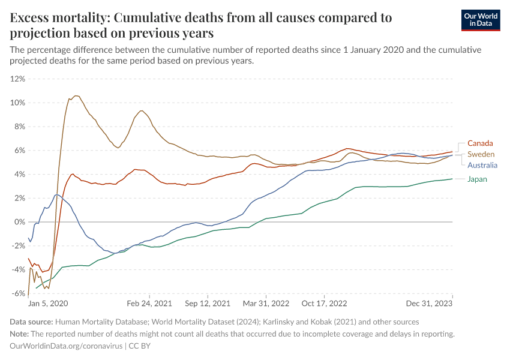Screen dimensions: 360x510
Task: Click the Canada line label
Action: tap(480, 143)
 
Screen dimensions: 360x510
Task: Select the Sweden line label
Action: tap(481, 154)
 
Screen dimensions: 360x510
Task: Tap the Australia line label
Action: tap(483, 165)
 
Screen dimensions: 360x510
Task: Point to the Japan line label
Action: tap(477, 179)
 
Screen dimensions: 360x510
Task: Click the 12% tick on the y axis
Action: tap(18, 79)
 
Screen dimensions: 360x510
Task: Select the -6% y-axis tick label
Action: tap(18, 293)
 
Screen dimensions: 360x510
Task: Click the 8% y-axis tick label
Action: tap(19, 127)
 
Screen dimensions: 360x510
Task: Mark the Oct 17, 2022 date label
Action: tap(325, 304)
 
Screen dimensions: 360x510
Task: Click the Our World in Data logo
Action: tap(480, 19)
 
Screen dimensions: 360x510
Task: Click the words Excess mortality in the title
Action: tap(55, 17)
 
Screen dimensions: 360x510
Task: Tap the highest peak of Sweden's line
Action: tap(76, 95)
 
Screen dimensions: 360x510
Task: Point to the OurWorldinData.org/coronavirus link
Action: tap(65, 346)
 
